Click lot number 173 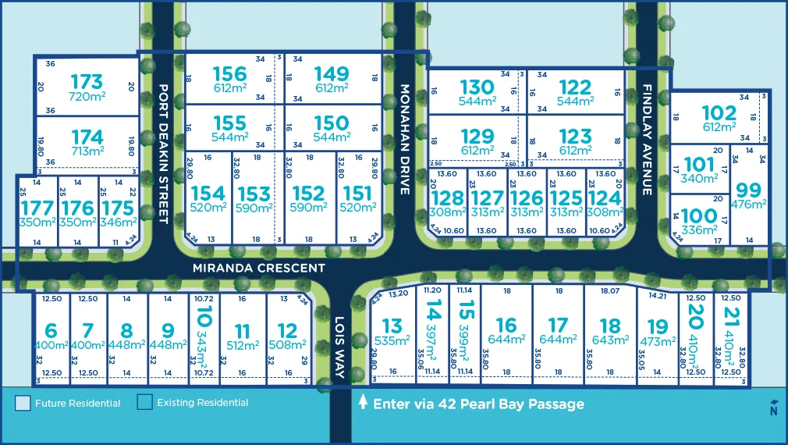(x=87, y=81)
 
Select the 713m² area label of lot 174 (x=87, y=151)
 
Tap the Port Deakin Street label (x=163, y=154)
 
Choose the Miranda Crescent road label (x=260, y=268)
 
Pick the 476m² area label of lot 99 (x=747, y=204)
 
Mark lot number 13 (x=392, y=326)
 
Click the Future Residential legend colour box (x=23, y=403)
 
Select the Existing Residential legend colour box (x=144, y=403)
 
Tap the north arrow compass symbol (x=773, y=407)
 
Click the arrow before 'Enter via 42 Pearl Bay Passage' (x=362, y=404)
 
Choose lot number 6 (x=51, y=329)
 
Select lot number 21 (x=731, y=319)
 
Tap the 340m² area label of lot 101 (x=699, y=178)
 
